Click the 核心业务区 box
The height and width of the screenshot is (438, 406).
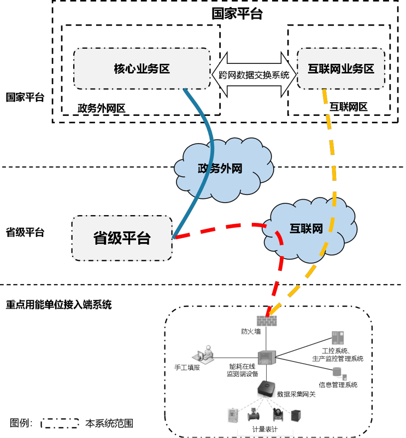pos(142,68)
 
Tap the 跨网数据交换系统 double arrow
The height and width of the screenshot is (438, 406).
pos(254,75)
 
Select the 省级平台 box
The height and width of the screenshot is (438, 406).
pos(122,238)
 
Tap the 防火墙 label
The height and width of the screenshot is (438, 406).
pos(251,332)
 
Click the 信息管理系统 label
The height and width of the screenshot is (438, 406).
pos(338,384)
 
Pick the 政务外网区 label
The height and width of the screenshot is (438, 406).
pos(102,108)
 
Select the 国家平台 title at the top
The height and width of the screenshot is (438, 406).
pos(237,14)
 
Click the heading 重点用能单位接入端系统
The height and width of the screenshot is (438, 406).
pos(58,305)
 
